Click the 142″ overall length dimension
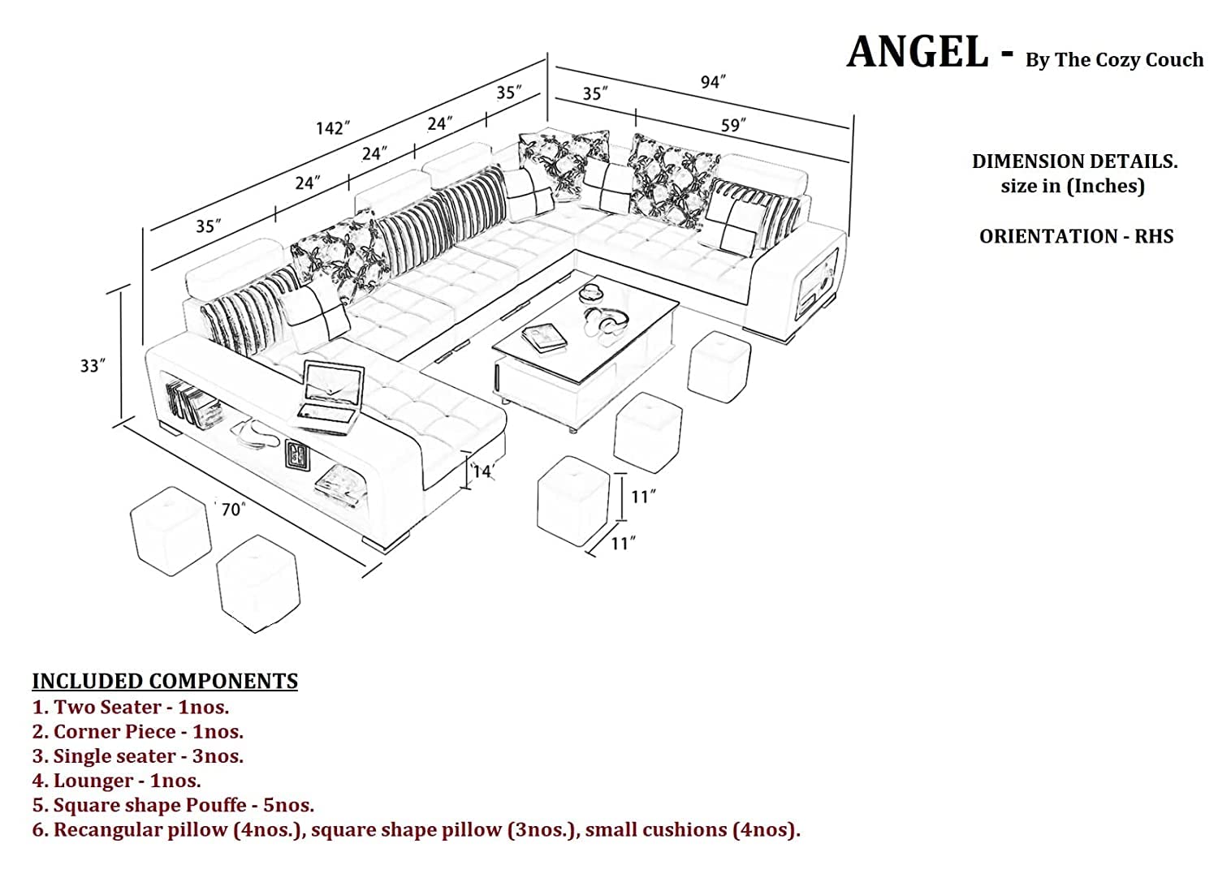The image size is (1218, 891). pos(333,128)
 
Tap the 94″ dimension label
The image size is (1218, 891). pos(712,82)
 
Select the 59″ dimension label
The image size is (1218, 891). pos(732,125)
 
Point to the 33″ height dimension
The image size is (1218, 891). pos(93,366)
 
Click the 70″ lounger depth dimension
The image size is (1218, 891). pos(232,510)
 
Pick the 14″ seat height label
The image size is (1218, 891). pos(483,471)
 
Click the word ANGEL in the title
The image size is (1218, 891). pos(918,53)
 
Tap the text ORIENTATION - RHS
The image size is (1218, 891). pos(1076,236)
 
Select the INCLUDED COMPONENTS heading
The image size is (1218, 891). pos(165,681)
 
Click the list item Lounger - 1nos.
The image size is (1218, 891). pos(117,781)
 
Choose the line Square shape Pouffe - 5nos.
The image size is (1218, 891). pos(173,805)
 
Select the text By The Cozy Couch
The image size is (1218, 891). pos(1114,60)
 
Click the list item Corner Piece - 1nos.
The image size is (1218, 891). pos(138,731)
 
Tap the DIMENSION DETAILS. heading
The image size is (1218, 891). pos(1074,161)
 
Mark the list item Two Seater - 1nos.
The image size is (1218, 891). pos(131,707)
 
